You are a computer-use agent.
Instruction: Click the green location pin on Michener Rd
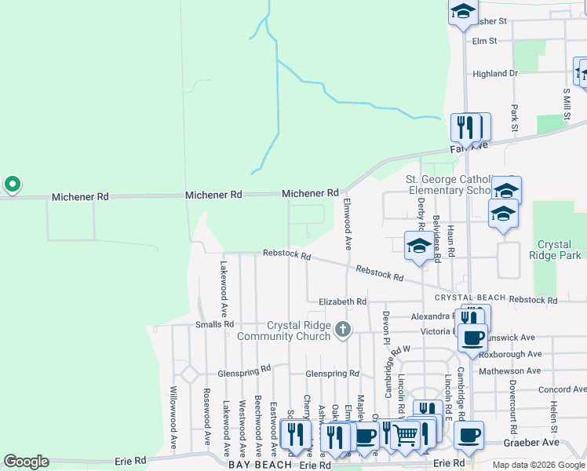tap(13, 184)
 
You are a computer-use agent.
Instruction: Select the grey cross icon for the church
tap(342, 330)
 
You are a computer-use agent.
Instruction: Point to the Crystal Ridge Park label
tap(559, 250)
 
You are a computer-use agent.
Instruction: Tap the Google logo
tap(26, 462)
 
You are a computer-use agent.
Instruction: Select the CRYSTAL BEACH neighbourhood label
tap(469, 298)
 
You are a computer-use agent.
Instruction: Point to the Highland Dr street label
tap(495, 74)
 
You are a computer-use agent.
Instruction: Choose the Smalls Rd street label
tap(215, 323)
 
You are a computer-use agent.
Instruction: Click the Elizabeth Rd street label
tap(342, 301)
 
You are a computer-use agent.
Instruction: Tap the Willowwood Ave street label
tap(173, 417)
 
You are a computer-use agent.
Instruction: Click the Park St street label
tap(515, 118)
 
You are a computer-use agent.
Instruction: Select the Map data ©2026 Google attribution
tap(539, 465)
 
